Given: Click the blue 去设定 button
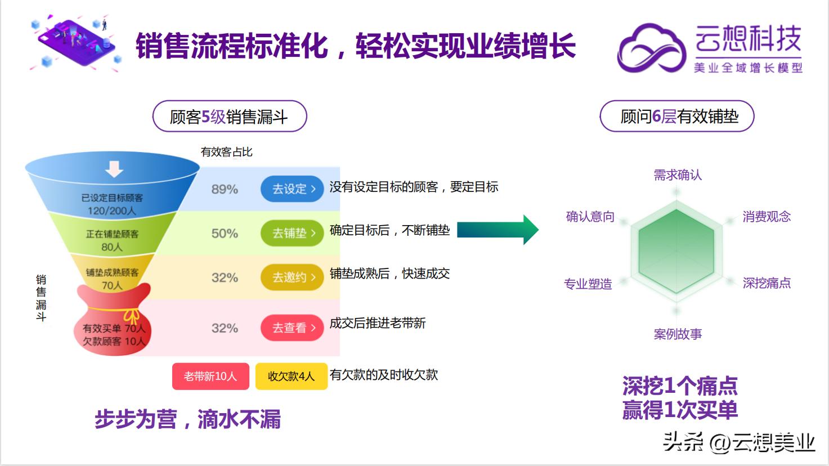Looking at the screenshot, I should [x=292, y=189].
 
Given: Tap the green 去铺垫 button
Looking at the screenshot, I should [x=292, y=233].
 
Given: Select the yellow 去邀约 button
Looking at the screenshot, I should [x=292, y=277].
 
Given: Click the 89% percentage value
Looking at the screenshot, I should [x=225, y=190].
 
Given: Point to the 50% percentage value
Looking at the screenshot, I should [x=225, y=234].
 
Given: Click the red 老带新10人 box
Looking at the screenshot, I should [x=210, y=377].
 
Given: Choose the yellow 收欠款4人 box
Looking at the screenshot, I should [x=291, y=377].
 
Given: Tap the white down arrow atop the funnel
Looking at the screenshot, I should [x=114, y=168].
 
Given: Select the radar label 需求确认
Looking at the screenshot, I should [x=678, y=175].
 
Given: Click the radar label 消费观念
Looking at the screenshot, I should [x=767, y=217].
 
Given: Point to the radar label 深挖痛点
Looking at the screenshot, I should [x=767, y=283].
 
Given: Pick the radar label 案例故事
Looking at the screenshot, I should [x=678, y=334].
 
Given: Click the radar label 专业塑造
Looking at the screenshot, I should [x=588, y=284].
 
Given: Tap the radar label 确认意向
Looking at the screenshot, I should [x=590, y=217].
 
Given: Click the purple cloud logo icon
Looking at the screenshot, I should [x=652, y=48].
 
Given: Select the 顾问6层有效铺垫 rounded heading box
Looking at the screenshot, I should [x=677, y=116].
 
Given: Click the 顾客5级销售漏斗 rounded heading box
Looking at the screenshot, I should [x=230, y=116].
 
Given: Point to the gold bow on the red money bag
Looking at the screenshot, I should [x=131, y=316].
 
